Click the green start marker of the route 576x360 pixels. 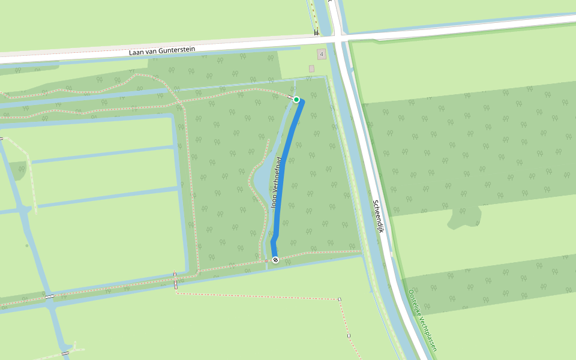click(x=296, y=99)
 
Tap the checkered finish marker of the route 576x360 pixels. click(x=275, y=260)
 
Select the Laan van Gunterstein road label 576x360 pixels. click(x=162, y=51)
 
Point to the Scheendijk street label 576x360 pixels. click(x=378, y=216)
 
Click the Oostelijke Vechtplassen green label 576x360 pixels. click(x=422, y=320)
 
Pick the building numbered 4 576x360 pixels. click(x=322, y=55)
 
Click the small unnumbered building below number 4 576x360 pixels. click(x=311, y=69)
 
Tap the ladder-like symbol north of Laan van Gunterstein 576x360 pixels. click(x=316, y=33)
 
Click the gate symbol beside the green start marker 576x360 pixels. click(x=290, y=97)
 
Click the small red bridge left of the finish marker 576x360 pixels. click(x=266, y=261)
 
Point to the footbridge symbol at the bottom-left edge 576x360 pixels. click(x=65, y=353)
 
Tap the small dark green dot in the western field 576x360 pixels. click(x=26, y=245)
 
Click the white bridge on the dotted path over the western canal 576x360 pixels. click(x=49, y=296)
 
